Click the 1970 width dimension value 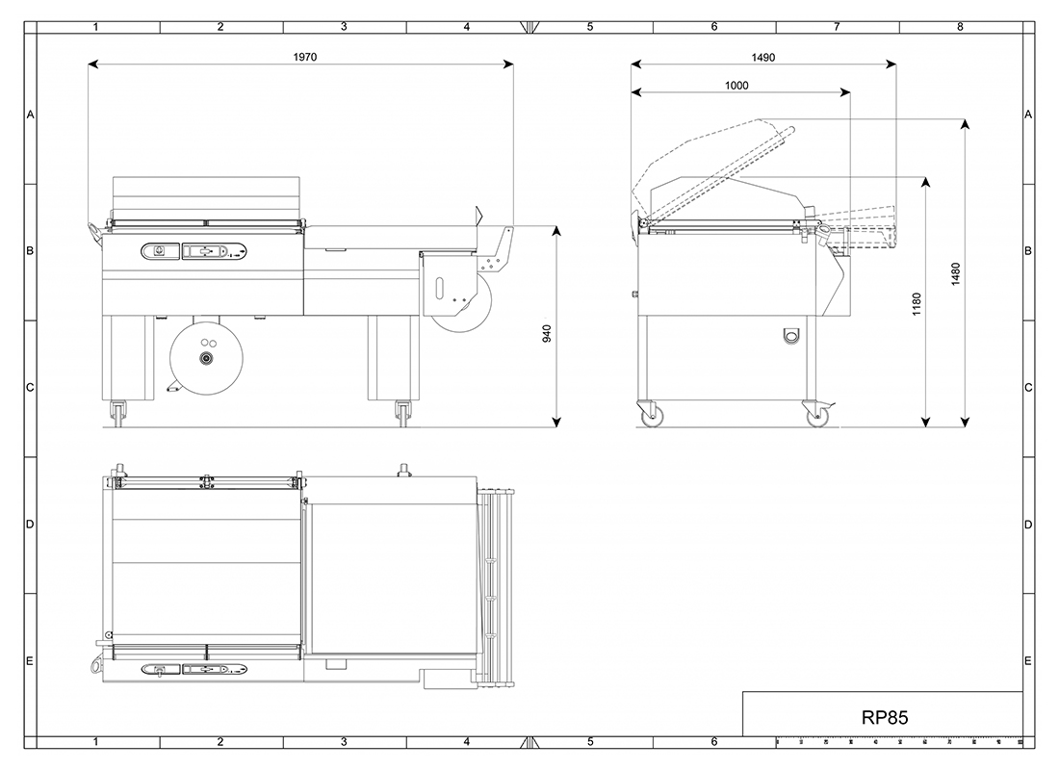305,57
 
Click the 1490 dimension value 763,57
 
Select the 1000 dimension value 736,86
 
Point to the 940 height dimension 547,333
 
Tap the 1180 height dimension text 917,304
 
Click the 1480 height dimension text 954,275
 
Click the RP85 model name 884,717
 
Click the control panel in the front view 194,251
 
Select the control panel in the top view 193,668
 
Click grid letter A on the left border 30,115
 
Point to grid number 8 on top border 960,27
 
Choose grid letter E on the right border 1028,660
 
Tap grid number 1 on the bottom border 96,742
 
